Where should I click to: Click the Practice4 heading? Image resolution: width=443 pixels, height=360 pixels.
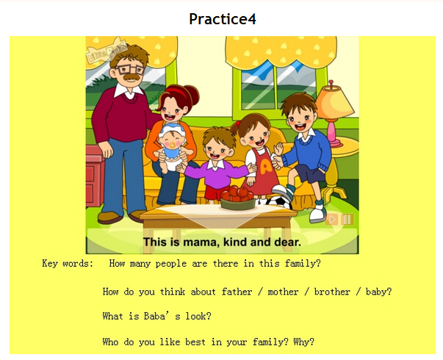[x=223, y=19]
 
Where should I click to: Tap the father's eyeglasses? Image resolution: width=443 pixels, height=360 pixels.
[x=129, y=69]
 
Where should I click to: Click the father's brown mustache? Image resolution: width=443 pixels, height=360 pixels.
[x=132, y=77]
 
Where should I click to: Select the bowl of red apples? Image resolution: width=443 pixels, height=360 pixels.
[x=238, y=198]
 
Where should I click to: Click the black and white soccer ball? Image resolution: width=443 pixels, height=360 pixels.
[x=278, y=201]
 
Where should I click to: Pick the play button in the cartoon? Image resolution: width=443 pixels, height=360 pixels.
[x=331, y=219]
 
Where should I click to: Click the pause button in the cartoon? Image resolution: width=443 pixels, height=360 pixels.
[x=347, y=219]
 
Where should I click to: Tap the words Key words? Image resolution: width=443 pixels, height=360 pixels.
[x=68, y=263]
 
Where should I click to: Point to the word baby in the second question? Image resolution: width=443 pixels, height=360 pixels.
[x=378, y=292]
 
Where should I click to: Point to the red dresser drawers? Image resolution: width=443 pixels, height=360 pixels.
[x=95, y=176]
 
